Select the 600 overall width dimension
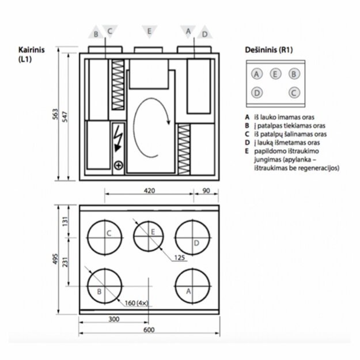pyautogui.click(x=149, y=329)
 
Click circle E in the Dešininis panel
pyautogui.click(x=275, y=74)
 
